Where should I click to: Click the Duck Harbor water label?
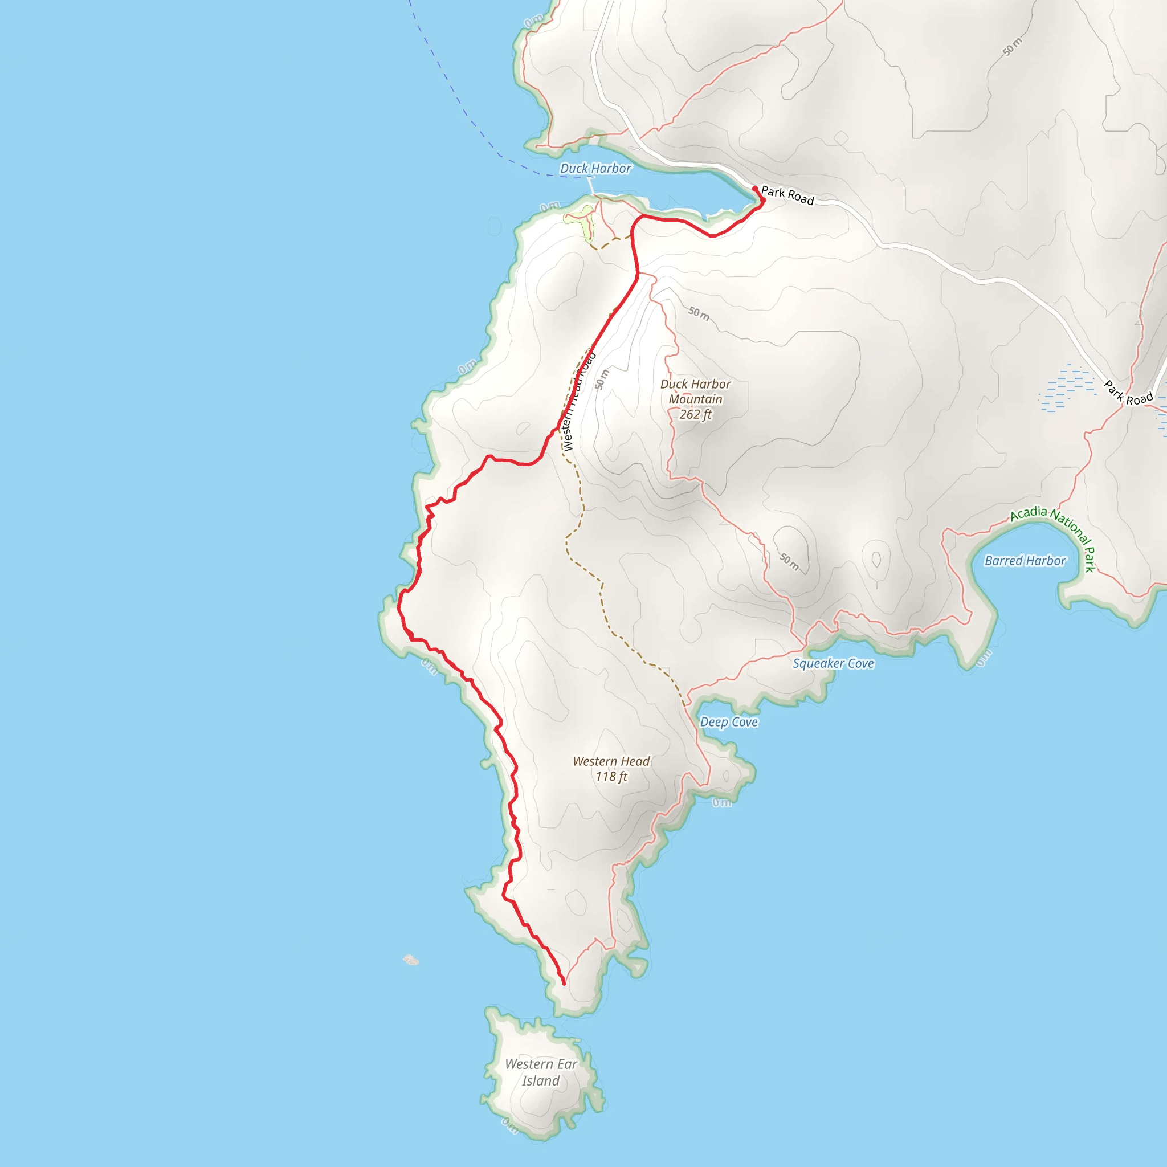[595, 169]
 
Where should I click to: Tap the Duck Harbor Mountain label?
[695, 391]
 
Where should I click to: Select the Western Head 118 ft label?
[611, 768]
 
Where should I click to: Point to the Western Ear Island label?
[541, 1072]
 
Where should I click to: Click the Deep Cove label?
[728, 722]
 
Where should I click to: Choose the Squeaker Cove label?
[833, 663]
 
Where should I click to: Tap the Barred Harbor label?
[1025, 561]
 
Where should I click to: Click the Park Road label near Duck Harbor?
[787, 195]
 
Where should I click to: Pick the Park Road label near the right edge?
[1128, 393]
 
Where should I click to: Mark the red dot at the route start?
[755, 189]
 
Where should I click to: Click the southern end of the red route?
[564, 984]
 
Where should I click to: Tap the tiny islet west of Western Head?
[411, 960]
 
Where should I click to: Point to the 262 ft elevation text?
[695, 414]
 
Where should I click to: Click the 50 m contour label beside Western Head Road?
[602, 380]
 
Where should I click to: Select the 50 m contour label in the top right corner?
[1013, 47]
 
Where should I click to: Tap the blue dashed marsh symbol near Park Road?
[1067, 388]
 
